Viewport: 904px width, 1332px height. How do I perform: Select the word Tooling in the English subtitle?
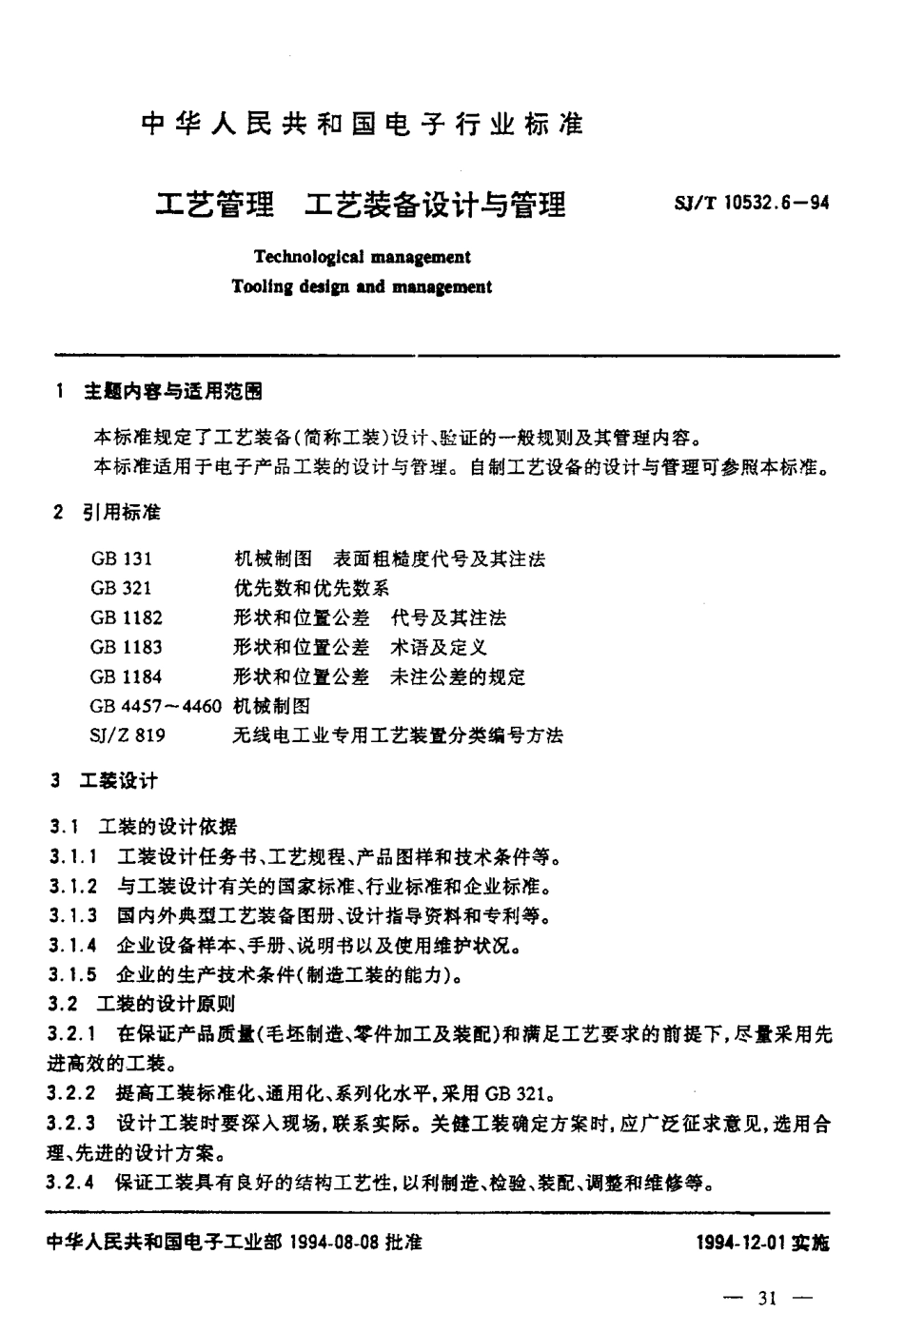coord(260,286)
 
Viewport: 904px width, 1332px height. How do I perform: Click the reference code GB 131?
coord(121,558)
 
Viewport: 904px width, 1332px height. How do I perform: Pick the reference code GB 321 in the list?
coord(121,588)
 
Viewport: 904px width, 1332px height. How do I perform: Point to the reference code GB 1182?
coord(127,617)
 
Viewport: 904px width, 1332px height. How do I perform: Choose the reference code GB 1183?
coord(127,647)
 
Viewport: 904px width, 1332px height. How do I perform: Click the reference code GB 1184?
coord(127,676)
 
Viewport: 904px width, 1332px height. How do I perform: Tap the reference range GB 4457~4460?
coord(156,706)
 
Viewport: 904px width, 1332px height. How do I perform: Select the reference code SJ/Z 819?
coord(128,735)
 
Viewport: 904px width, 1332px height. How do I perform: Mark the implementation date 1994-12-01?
coord(739,1244)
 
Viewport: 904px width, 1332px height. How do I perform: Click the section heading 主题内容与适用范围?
coord(172,391)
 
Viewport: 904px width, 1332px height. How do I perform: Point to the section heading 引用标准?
coord(121,513)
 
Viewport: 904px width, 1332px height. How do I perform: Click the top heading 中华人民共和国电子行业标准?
coord(362,125)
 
